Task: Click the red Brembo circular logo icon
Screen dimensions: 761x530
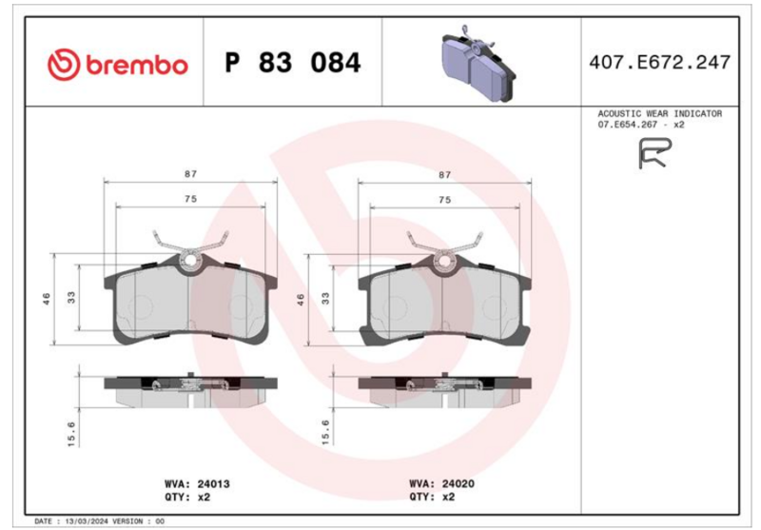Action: click(64, 64)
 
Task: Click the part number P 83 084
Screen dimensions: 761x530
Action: click(293, 63)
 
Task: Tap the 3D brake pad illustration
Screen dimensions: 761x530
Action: click(478, 64)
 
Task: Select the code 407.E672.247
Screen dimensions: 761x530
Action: click(659, 63)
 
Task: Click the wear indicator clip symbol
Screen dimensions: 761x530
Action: click(654, 153)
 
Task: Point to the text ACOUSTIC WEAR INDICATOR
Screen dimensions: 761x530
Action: click(659, 113)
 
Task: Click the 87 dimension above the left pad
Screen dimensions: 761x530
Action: click(191, 174)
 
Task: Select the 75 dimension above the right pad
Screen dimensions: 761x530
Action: click(444, 200)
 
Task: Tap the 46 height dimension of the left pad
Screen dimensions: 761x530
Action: click(47, 299)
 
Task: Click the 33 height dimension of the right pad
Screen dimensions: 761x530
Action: click(325, 298)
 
